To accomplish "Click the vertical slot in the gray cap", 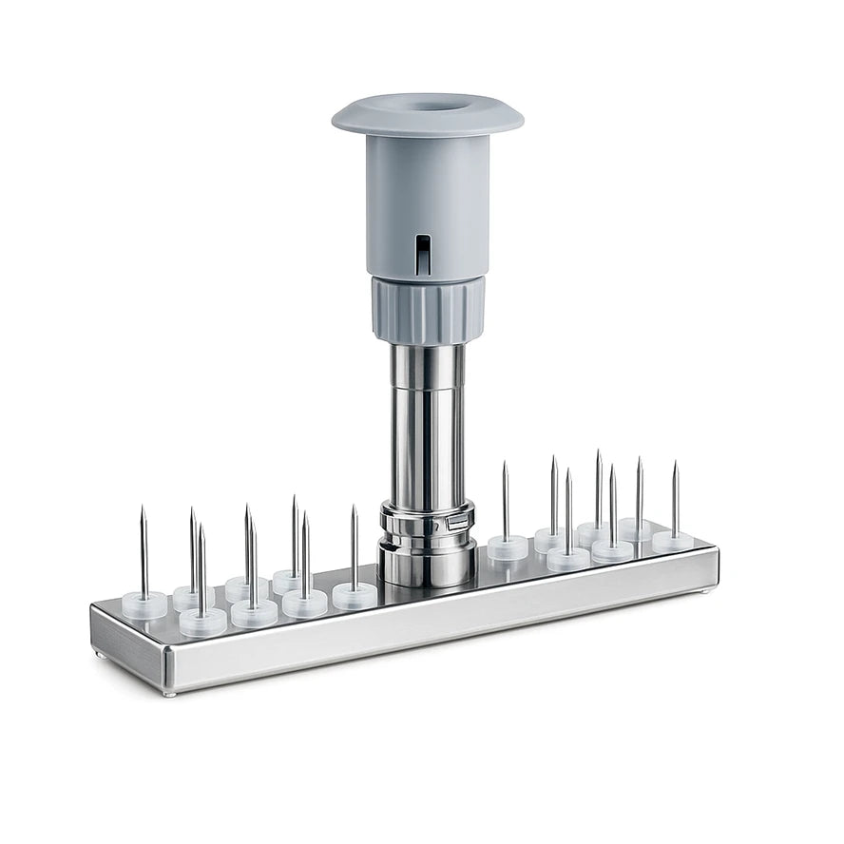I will pyautogui.click(x=422, y=255).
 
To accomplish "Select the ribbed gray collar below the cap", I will pyautogui.click(x=428, y=310).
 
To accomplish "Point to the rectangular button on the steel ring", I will pyautogui.click(x=457, y=522).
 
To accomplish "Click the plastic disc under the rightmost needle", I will pyautogui.click(x=673, y=542).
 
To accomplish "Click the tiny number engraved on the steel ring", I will pyautogui.click(x=435, y=525).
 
